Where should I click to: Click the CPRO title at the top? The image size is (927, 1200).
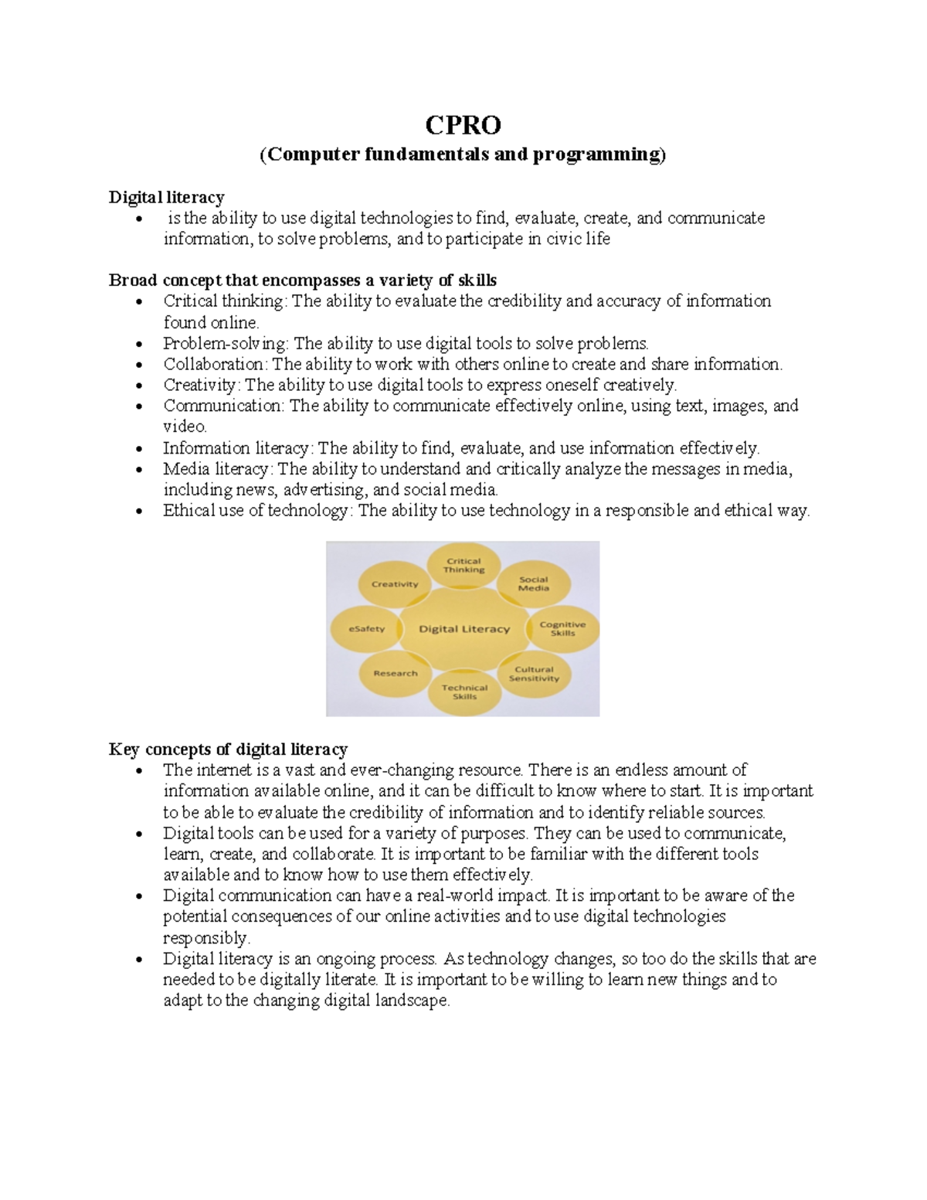[463, 125]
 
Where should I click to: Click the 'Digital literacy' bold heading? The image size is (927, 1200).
[166, 197]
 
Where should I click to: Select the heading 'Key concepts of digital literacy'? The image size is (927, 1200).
[228, 749]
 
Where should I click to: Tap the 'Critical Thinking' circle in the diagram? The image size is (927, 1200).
[463, 566]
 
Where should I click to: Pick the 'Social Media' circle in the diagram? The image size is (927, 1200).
[533, 583]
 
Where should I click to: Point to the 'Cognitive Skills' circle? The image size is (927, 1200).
[562, 628]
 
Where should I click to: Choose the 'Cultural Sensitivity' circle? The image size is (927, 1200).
[534, 674]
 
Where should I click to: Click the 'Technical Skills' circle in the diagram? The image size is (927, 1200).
[464, 692]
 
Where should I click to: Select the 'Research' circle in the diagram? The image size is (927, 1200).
[396, 673]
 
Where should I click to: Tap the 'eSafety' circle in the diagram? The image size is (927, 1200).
[366, 629]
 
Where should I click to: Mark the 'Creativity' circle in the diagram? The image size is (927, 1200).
[395, 584]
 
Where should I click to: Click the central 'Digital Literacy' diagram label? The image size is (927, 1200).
[464, 629]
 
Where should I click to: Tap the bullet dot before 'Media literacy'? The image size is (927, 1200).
[139, 470]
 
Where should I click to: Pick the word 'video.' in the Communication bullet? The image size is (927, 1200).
[185, 427]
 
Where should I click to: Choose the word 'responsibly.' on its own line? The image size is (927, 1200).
[207, 938]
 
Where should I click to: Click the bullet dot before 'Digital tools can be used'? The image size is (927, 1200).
[139, 835]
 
